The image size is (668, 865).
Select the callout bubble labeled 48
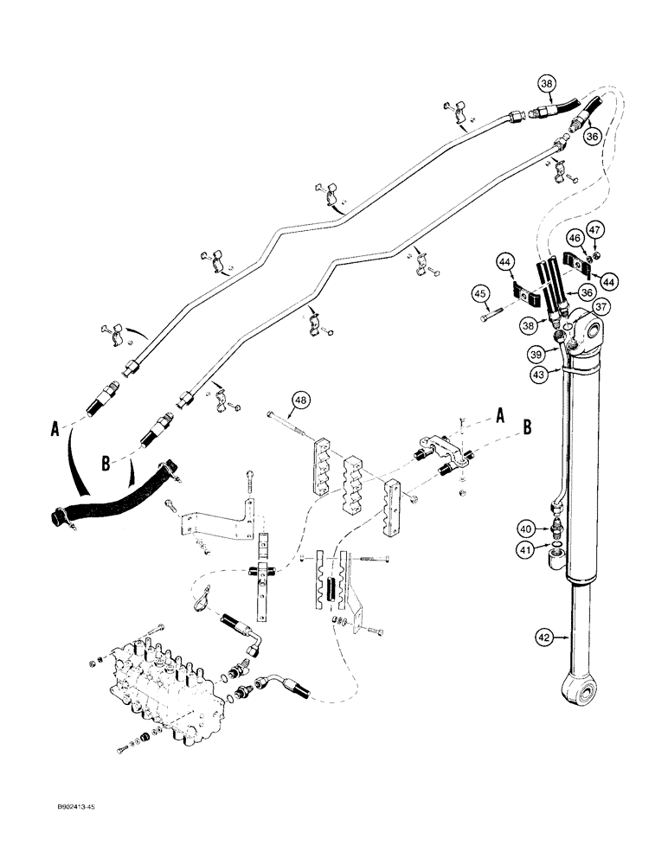(300, 400)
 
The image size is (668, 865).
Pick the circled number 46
(575, 236)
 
